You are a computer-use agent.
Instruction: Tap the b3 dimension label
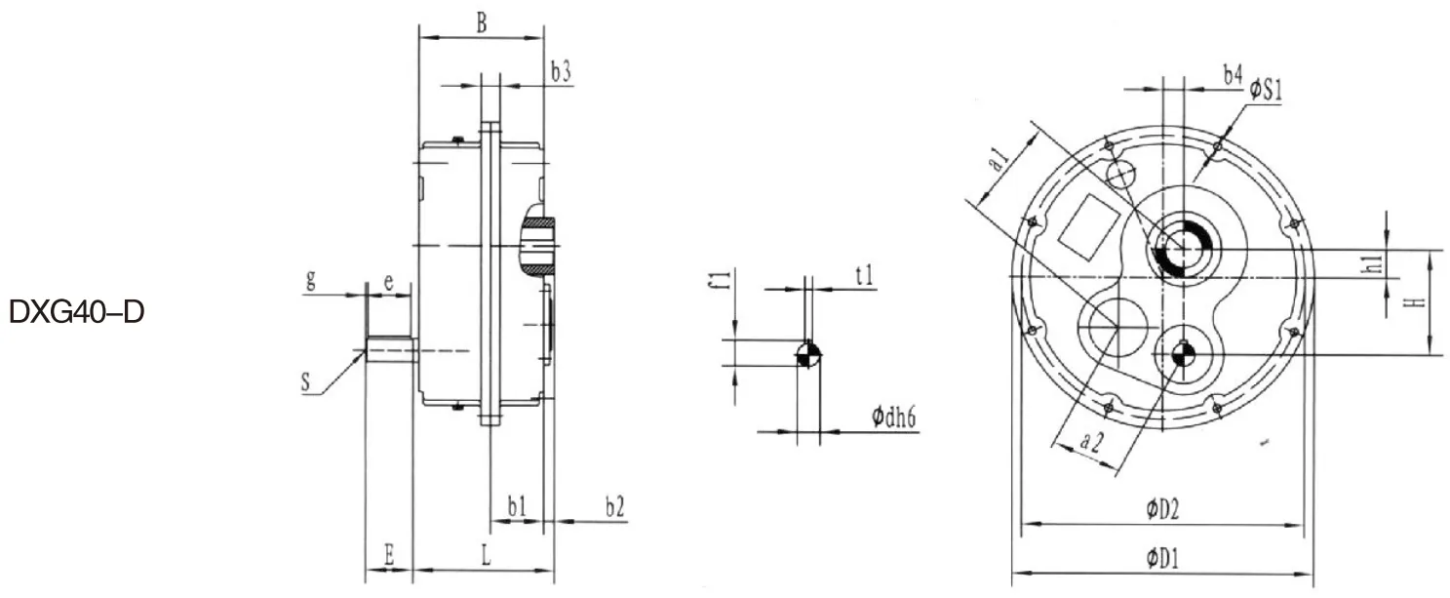560,71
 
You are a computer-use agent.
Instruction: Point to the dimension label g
311,281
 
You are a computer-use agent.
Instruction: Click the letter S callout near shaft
305,385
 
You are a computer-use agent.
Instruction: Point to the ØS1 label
1265,90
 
